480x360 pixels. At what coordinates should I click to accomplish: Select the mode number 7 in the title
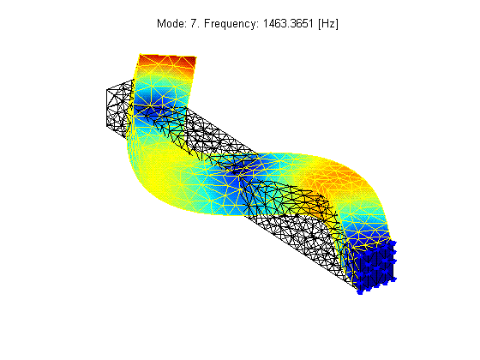point(194,24)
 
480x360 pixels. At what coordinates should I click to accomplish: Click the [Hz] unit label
point(328,24)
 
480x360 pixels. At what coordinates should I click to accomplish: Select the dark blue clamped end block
point(375,266)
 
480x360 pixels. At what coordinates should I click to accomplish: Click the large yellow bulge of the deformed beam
point(159,171)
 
